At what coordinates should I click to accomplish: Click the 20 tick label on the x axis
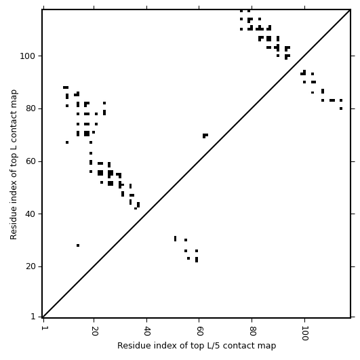coord(94,331)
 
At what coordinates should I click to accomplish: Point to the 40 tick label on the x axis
coord(147,331)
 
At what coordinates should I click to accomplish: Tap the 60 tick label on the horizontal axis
coord(199,331)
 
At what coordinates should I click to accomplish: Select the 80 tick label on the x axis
coord(252,331)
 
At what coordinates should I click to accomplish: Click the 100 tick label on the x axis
coord(305,333)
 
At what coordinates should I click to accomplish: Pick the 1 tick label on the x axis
coord(43,328)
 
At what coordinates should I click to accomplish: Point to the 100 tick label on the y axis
coord(28,56)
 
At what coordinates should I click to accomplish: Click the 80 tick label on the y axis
coord(31,108)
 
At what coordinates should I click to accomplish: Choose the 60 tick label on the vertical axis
coord(31,161)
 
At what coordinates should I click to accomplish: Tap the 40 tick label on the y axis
coord(31,214)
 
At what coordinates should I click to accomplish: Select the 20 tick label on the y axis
coord(31,267)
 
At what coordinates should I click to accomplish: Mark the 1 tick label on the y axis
coord(33,317)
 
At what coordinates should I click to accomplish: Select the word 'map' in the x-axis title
coord(268,346)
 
